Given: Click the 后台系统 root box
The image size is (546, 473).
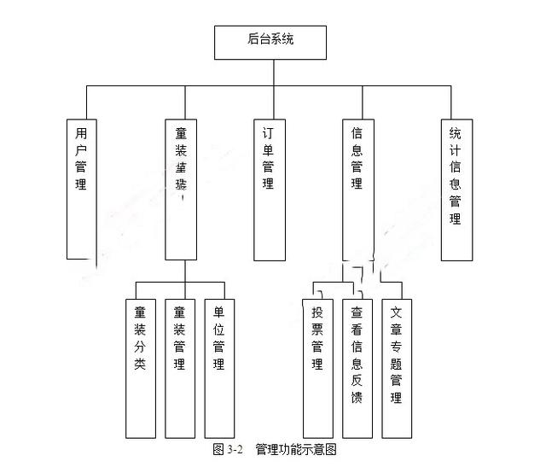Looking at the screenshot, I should click(270, 42).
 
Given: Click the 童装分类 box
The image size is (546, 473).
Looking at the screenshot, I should click(140, 367).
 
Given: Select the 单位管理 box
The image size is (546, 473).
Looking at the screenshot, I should click(218, 367).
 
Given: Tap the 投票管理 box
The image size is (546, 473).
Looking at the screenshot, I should click(317, 367).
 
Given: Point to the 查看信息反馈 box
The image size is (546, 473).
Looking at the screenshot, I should click(357, 367).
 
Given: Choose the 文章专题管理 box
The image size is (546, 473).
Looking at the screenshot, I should click(395, 367).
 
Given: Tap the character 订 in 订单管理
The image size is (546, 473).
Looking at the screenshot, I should click(269, 134).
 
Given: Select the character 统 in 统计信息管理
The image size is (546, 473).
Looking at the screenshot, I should click(456, 134).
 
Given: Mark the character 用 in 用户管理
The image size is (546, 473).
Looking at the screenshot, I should click(81, 134).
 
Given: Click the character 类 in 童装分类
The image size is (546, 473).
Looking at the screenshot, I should click(140, 365).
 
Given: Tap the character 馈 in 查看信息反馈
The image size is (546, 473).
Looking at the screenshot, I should click(357, 398).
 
